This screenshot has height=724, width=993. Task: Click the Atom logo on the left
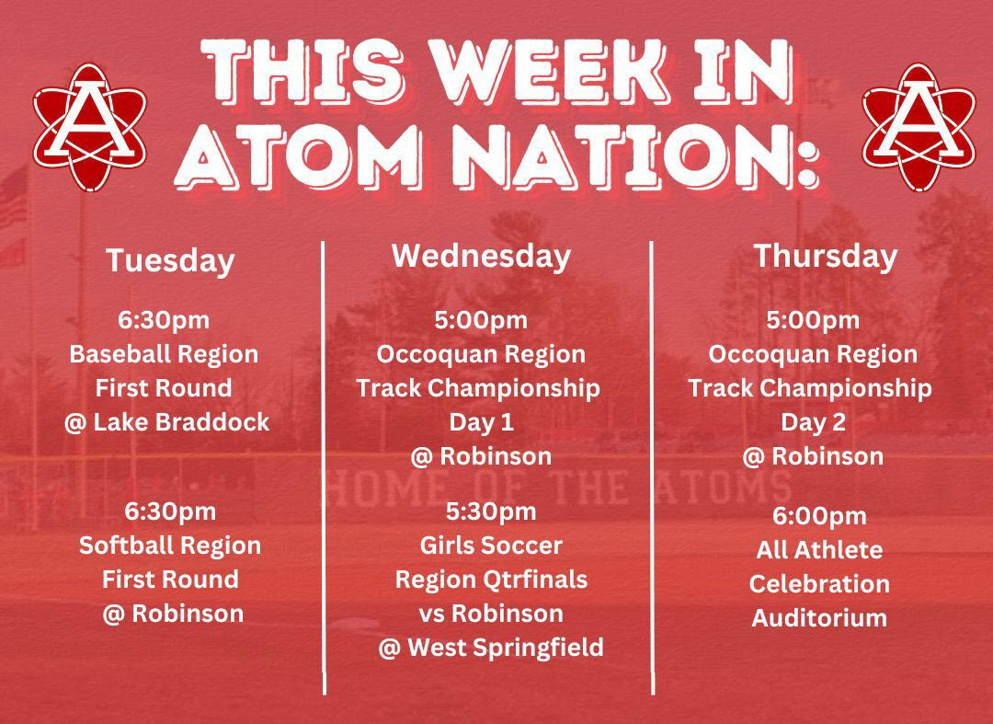[89, 126]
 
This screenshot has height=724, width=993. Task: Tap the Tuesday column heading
[170, 261]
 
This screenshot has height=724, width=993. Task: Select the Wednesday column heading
[481, 256]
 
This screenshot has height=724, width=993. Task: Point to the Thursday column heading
[825, 257]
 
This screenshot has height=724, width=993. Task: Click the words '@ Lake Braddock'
[166, 422]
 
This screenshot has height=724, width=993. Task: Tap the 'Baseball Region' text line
[164, 354]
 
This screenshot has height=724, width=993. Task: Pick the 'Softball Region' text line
[170, 546]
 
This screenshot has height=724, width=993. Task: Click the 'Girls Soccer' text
[491, 546]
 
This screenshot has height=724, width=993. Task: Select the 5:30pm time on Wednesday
[491, 511]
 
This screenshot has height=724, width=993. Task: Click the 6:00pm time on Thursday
[819, 516]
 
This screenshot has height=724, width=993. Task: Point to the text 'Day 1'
[481, 422]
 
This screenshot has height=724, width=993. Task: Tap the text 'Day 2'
[813, 422]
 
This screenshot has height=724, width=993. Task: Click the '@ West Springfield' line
[491, 648]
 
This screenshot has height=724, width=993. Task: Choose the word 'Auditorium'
[819, 618]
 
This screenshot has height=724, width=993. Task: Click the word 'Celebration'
[819, 584]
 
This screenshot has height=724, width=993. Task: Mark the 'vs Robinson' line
[491, 614]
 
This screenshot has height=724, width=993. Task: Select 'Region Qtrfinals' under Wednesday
[491, 580]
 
